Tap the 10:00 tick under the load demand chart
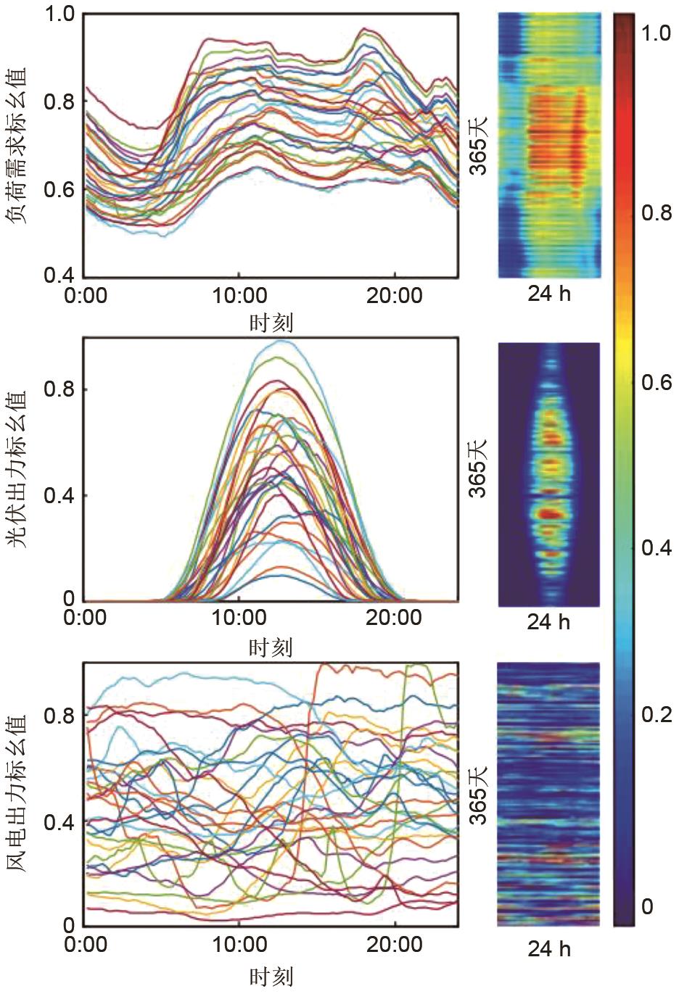point(240,296)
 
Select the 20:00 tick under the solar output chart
point(394,618)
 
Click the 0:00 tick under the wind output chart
point(85,944)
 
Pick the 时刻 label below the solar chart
point(271,647)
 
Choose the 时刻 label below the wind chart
point(271,976)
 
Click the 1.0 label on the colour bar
point(656,33)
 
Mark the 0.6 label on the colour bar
point(656,381)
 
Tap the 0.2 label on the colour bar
point(656,715)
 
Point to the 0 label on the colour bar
point(647,906)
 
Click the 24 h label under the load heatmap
point(549,294)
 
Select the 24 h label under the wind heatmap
point(549,949)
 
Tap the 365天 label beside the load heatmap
point(478,146)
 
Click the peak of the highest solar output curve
point(280,341)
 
